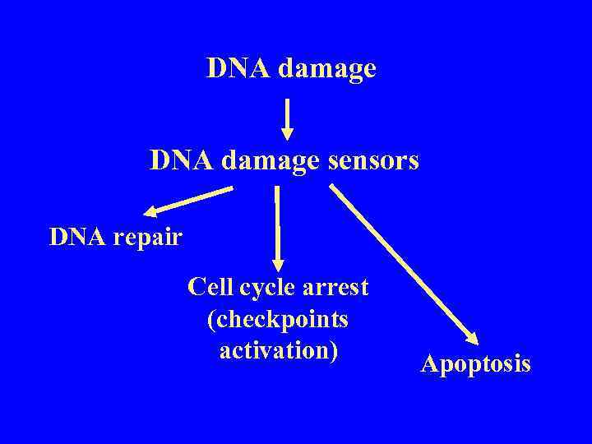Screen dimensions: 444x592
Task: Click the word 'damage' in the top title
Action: [x=327, y=69]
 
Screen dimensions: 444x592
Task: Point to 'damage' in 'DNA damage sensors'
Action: [x=271, y=161]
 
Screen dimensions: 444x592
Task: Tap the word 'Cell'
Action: [x=210, y=287]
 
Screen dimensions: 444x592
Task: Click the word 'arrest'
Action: [x=336, y=288]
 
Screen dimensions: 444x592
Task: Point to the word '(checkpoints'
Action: [x=278, y=319]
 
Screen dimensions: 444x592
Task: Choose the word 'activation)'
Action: [x=279, y=350]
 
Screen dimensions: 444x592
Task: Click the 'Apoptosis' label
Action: [x=475, y=364]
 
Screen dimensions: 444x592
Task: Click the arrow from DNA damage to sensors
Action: [x=287, y=119]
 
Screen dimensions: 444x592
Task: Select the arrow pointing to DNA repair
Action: [x=188, y=200]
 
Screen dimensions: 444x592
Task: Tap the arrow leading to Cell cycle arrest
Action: [x=277, y=226]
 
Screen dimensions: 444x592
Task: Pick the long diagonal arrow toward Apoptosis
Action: [x=403, y=262]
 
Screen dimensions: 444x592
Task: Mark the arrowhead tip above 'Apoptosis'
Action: [x=475, y=339]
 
